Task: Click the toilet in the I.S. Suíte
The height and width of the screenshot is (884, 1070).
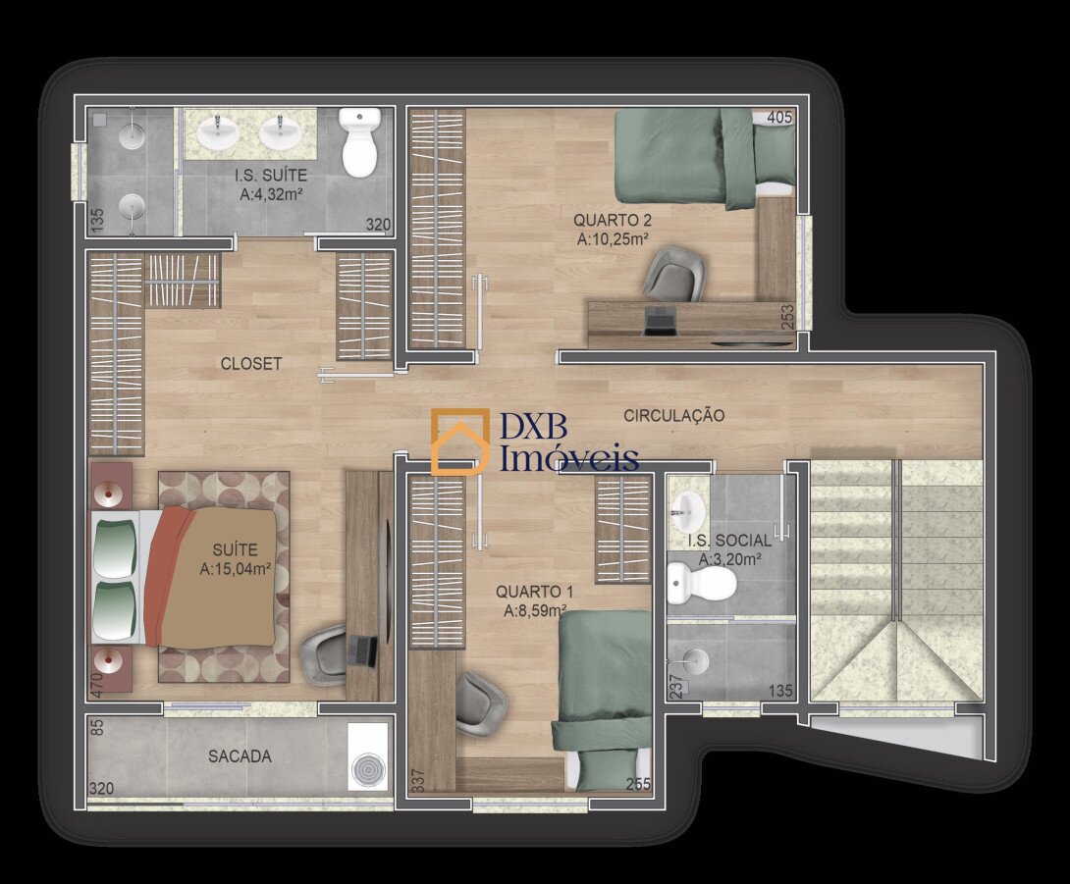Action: pos(359,142)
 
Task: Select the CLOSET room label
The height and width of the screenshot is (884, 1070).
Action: pos(250,364)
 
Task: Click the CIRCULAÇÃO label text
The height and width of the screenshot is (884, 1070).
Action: pos(673,415)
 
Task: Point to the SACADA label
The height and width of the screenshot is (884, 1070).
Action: pos(240,755)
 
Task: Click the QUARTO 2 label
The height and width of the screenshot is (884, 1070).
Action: pos(613,221)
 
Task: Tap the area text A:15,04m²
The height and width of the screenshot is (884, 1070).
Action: pos(237,569)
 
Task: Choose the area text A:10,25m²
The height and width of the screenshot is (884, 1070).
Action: pos(613,239)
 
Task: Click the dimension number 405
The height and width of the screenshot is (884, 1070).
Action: pos(779,118)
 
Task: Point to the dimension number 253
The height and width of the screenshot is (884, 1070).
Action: pos(787,317)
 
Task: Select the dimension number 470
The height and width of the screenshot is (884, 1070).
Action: pos(96,683)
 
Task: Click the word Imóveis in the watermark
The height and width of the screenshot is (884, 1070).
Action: pos(569,457)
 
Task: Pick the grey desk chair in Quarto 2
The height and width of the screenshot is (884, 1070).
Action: pos(675,274)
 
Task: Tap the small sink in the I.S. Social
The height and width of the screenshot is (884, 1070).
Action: pos(687,510)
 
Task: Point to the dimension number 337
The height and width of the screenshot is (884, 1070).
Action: pos(418,781)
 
